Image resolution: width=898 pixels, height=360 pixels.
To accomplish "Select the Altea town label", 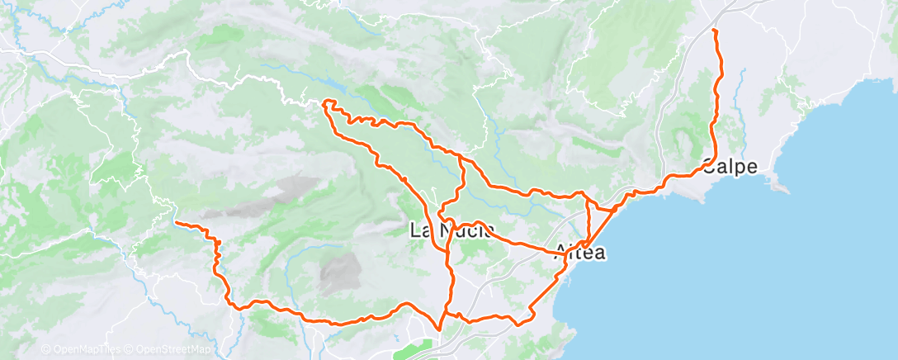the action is point(581,253).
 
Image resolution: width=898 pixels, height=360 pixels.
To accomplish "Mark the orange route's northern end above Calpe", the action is point(714,31).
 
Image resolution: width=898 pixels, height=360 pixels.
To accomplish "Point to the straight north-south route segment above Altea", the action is point(588,219).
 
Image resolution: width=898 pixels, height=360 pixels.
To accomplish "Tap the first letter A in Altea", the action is point(563,253).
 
